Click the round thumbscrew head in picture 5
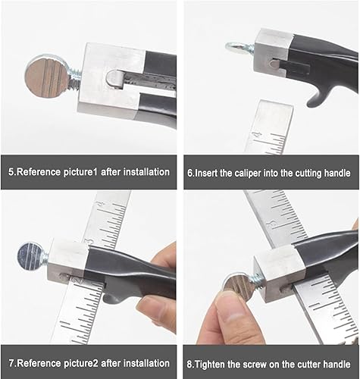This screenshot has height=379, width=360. pyautogui.click(x=47, y=77)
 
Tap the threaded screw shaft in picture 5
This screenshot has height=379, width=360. pyautogui.click(x=75, y=78)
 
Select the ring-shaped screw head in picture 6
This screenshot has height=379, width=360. pyautogui.click(x=234, y=47)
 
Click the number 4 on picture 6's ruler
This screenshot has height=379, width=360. pyautogui.click(x=258, y=134)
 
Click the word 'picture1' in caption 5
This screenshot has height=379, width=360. pyautogui.click(x=80, y=172)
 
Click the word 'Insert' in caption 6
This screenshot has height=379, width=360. pyautogui.click(x=206, y=174)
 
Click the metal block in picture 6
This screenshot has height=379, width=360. pyautogui.click(x=273, y=52)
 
